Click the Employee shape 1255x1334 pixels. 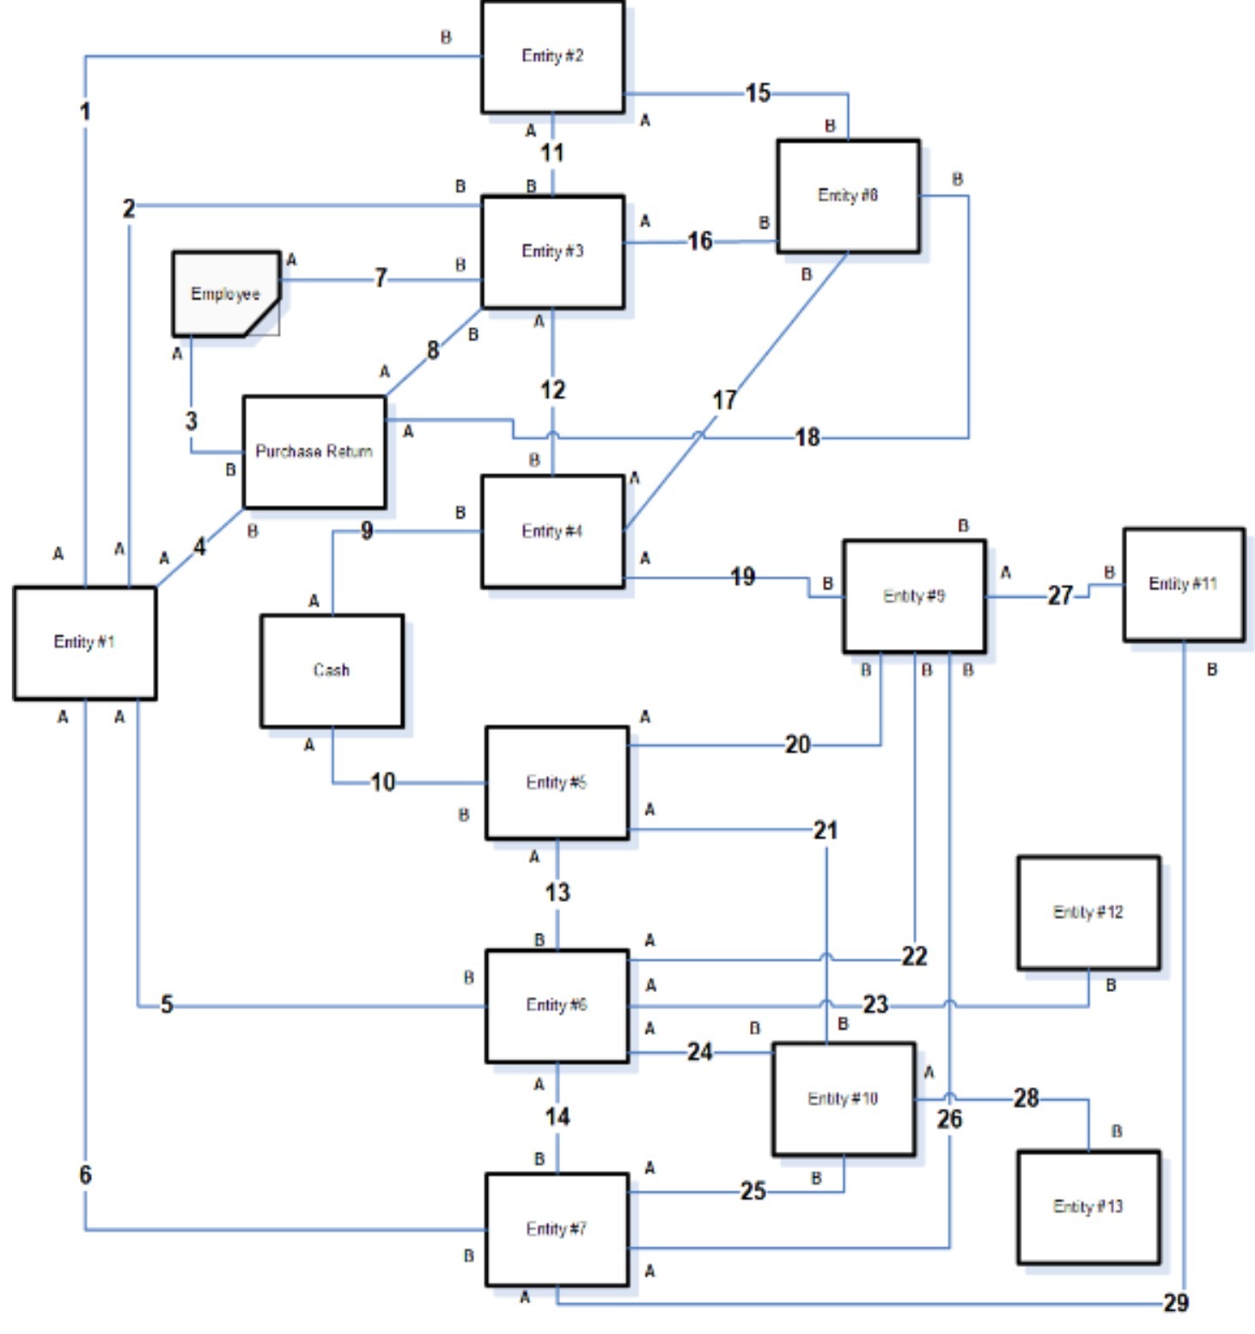[225, 294]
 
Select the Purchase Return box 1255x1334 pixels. [314, 452]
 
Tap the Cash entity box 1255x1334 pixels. [332, 671]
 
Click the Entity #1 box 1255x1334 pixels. [84, 643]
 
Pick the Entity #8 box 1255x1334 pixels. [848, 196]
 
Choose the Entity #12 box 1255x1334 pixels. [1088, 912]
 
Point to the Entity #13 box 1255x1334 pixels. [1088, 1207]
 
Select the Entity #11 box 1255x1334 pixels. [1183, 584]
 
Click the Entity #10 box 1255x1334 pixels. [843, 1099]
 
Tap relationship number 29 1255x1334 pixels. [1176, 1303]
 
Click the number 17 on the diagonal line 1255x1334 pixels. [724, 399]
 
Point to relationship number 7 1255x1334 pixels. [381, 278]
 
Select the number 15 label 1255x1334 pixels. [758, 93]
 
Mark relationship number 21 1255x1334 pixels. [825, 830]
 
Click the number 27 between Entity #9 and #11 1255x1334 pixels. [1060, 595]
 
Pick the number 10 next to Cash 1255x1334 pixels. [382, 782]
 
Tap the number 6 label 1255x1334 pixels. [85, 1174]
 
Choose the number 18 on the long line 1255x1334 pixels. [807, 437]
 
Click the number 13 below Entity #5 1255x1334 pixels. [557, 892]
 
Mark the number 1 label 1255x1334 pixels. [84, 111]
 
